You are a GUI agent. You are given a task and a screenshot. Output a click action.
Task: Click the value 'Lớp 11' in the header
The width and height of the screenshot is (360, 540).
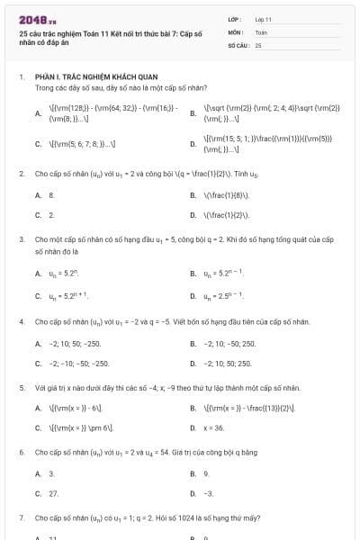pyautogui.click(x=263, y=19)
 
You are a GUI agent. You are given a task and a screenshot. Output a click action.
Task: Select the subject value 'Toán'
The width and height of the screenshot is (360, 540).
pyautogui.click(x=261, y=31)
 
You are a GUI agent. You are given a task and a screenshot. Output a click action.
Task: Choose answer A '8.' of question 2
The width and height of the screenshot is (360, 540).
pyautogui.click(x=51, y=193)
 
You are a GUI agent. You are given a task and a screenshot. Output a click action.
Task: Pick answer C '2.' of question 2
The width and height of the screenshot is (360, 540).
pyautogui.click(x=51, y=215)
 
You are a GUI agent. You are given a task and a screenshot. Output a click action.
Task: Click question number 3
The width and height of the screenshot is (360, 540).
pyautogui.click(x=21, y=239)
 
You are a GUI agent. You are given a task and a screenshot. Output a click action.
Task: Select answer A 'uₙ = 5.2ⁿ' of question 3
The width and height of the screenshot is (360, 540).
pyautogui.click(x=64, y=273)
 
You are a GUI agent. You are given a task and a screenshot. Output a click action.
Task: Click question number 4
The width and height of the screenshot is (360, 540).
pyautogui.click(x=21, y=321)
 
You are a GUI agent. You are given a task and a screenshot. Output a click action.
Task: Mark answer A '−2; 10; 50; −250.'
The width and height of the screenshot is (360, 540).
pyautogui.click(x=75, y=343)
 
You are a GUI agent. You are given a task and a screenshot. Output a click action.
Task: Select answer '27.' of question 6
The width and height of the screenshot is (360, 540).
pyautogui.click(x=53, y=493)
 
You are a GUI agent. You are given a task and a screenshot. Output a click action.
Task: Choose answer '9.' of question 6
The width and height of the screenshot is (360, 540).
pyautogui.click(x=207, y=472)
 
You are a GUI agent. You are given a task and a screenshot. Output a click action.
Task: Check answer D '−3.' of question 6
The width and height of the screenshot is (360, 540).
pyautogui.click(x=209, y=493)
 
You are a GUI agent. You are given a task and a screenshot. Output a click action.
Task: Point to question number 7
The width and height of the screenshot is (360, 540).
pyautogui.click(x=21, y=517)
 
